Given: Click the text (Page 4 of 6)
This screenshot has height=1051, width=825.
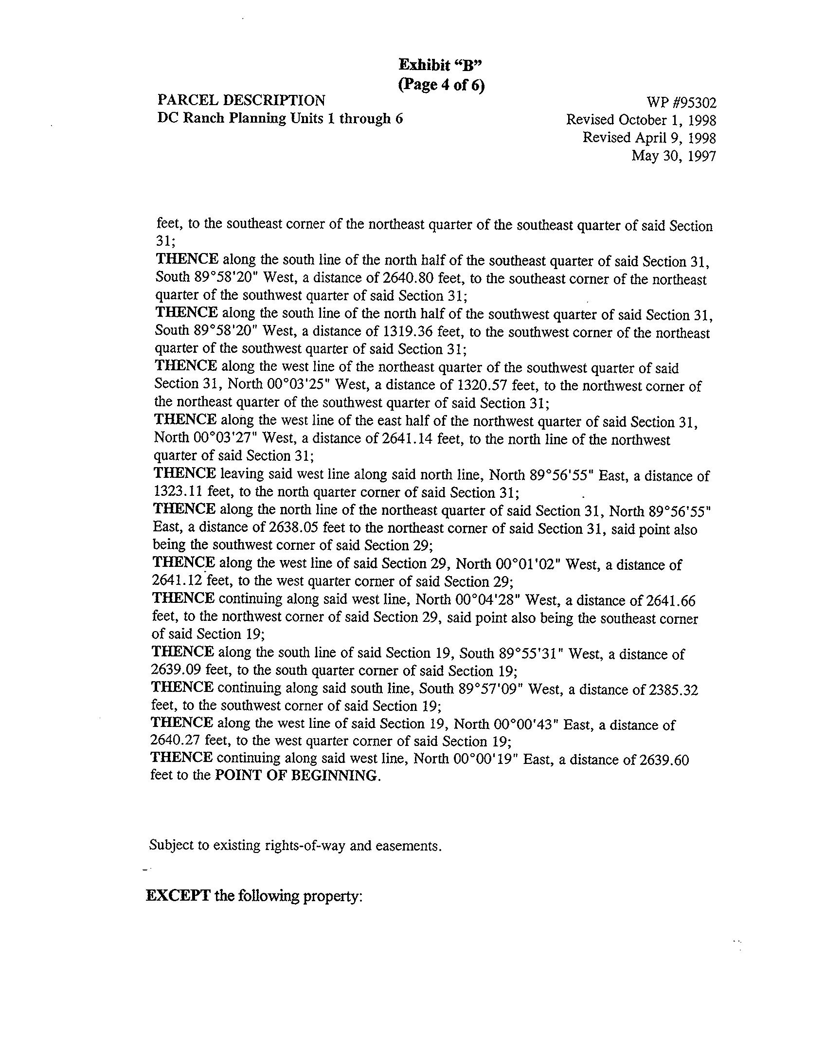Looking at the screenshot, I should pos(442,85).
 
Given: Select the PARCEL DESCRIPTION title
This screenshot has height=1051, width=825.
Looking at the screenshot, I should pos(241,100).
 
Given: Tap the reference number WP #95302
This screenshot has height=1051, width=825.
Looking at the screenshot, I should pos(681,103).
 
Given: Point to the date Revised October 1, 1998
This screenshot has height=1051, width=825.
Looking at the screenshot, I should pos(641,120).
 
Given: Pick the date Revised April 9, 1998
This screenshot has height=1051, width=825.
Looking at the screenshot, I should pos(649,138).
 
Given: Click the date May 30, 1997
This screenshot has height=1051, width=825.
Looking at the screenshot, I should pos(674,156).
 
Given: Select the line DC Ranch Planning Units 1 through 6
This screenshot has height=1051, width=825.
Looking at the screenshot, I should pos(280,119).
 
